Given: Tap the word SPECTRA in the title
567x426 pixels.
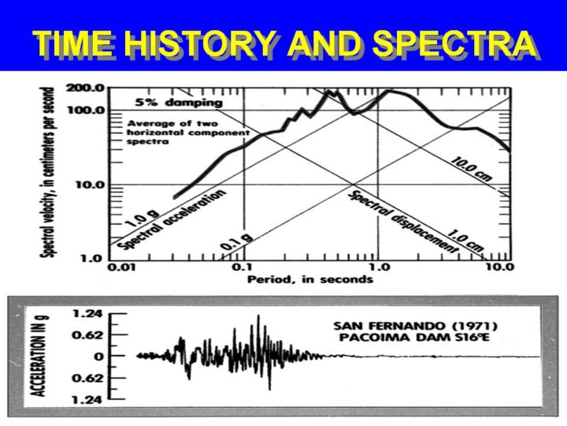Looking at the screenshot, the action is click(454, 43).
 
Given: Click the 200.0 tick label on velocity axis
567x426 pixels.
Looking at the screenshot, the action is click(86, 88).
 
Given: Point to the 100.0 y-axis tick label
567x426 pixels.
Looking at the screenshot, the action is click(86, 110).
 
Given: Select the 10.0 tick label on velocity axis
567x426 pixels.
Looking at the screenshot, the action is click(90, 185).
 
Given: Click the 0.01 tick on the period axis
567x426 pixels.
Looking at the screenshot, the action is click(122, 267).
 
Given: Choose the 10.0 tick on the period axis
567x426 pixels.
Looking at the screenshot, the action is click(500, 267).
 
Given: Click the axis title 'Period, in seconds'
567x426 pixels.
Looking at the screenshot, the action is click(310, 279).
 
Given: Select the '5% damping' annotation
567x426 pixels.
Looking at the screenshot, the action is click(179, 103).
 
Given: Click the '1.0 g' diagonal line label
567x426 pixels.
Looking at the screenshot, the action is click(142, 219).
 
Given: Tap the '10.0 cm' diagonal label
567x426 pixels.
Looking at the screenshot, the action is click(470, 169).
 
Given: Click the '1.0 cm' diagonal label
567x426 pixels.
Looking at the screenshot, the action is click(465, 241).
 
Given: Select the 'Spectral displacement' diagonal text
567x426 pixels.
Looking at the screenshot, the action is click(403, 222).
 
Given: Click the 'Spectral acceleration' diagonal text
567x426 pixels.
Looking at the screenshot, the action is click(172, 220).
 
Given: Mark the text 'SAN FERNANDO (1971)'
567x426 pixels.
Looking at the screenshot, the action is click(416, 326).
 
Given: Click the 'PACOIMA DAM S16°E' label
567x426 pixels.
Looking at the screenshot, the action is click(414, 338).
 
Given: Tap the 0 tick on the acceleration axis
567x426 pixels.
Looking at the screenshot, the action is click(99, 357).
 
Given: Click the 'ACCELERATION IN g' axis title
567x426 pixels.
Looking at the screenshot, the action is click(39, 356).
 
